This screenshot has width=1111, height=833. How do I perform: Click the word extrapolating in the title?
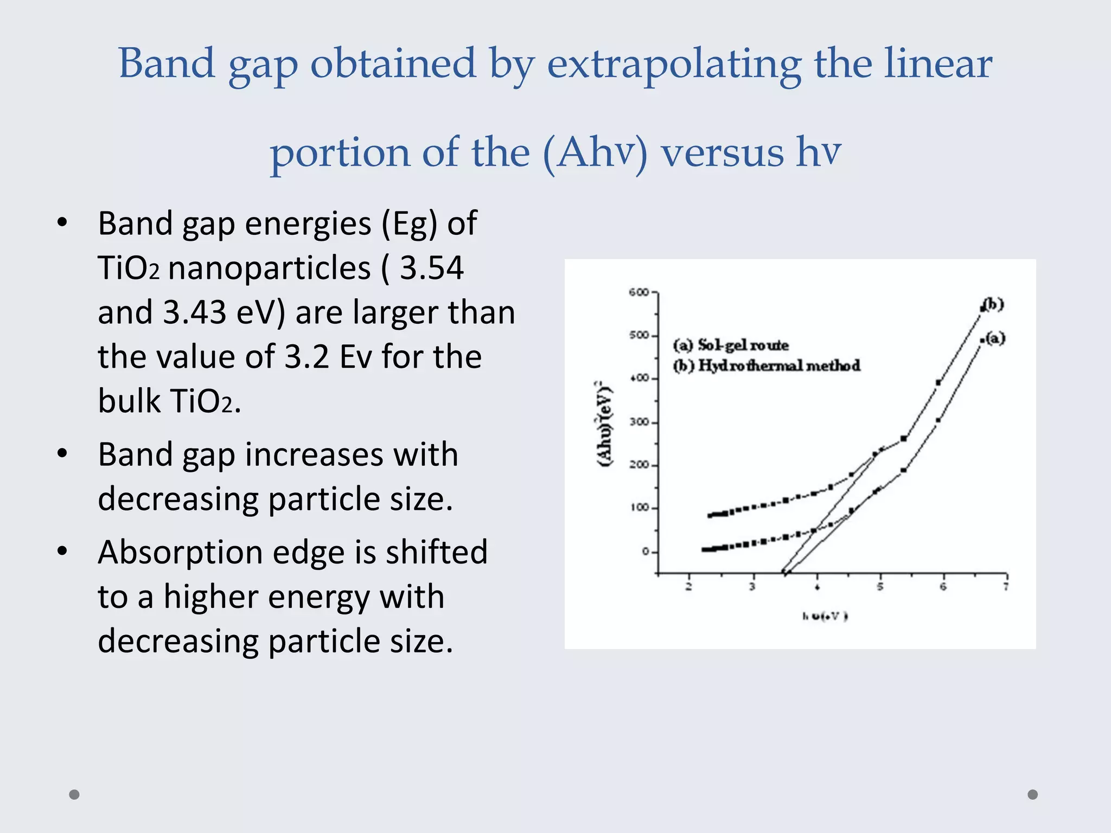[673, 64]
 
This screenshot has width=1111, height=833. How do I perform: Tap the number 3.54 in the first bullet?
[432, 267]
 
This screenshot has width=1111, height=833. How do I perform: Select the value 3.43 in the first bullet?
[194, 312]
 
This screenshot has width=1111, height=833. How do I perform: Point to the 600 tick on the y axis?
[638, 293]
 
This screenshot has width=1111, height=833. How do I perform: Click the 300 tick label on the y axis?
[639, 422]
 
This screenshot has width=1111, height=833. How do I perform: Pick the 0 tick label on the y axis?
[645, 552]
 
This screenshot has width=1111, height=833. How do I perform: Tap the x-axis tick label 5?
[880, 587]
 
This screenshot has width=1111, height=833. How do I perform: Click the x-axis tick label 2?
[688, 587]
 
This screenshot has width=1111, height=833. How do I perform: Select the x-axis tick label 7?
[1006, 587]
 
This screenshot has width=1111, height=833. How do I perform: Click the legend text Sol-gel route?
[743, 345]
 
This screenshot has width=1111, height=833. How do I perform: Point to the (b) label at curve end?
[994, 304]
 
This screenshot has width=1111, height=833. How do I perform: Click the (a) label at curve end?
[995, 338]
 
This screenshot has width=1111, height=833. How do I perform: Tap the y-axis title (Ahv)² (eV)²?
[604, 423]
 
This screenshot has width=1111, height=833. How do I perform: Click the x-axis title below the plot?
[825, 616]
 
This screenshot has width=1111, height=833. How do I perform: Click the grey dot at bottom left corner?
[74, 794]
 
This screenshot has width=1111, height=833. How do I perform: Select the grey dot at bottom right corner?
[1033, 794]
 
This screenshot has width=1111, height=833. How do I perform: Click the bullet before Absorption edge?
[62, 551]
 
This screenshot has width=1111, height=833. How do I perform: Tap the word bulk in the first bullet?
[129, 401]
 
